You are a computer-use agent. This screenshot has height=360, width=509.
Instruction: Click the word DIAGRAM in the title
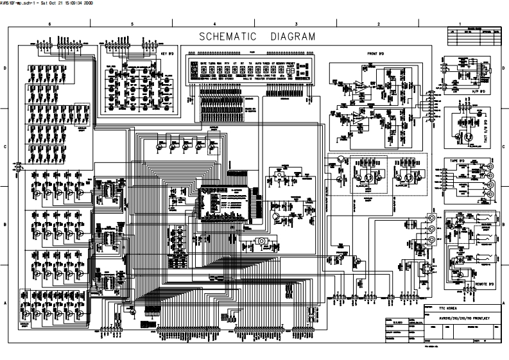coord(292,36)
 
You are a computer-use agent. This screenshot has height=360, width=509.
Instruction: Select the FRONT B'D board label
coord(375,54)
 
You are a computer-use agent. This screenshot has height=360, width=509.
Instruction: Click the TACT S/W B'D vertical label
coord(484,129)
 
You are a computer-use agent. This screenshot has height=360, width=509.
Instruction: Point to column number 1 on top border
coord(461,24)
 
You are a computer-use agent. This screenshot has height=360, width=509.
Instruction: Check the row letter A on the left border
coord(6,302)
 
